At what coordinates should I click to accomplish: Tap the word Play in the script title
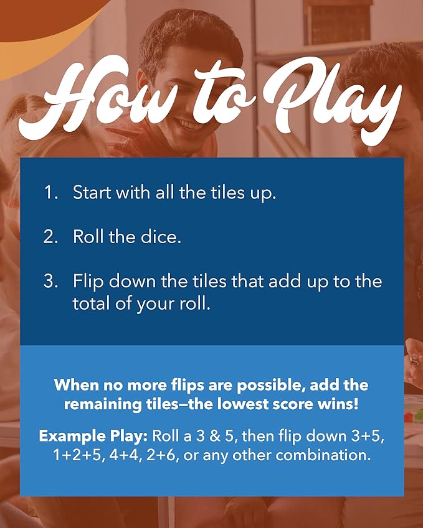(334, 101)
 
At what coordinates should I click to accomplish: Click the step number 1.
(50, 192)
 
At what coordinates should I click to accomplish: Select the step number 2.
(50, 236)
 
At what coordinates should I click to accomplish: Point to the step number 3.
(50, 281)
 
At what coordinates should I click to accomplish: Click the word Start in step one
(92, 192)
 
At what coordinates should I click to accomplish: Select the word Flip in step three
(88, 282)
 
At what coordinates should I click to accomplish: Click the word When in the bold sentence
(76, 384)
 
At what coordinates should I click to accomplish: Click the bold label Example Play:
(93, 437)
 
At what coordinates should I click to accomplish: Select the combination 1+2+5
(78, 455)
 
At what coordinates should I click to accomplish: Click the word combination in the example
(323, 455)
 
